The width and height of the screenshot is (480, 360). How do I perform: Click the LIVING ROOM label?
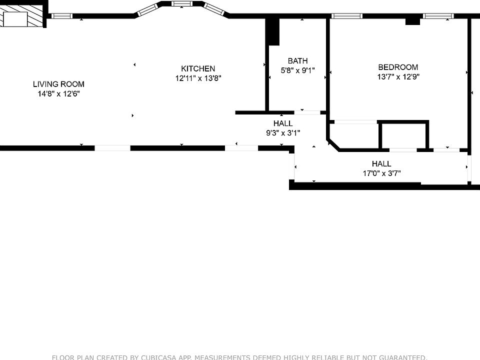coord(58,84)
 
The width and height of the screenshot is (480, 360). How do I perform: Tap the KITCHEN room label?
coord(198,68)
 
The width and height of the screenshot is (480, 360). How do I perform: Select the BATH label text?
coord(297,61)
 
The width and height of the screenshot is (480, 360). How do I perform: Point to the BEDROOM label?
coord(398,67)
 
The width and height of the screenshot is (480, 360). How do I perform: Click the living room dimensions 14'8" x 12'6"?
coord(58,93)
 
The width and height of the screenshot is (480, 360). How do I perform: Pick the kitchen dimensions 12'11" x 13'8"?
coord(198,78)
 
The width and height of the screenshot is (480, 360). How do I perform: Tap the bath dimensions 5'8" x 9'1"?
coord(297,70)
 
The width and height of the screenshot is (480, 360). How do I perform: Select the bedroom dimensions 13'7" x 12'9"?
coord(398,77)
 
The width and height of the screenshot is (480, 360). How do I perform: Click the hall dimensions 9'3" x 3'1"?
coord(283,132)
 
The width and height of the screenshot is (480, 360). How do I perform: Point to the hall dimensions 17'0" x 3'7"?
coord(381,173)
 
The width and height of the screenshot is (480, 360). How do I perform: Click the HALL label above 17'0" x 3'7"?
coord(381,163)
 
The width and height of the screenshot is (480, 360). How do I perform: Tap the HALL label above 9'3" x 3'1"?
coord(283,123)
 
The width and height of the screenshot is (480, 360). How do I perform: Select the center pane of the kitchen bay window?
coord(181,4)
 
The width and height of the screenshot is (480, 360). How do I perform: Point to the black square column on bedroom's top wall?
coord(412,21)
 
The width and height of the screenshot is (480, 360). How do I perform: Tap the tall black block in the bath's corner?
coord(273,31)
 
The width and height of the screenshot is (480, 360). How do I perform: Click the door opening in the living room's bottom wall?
coord(112,147)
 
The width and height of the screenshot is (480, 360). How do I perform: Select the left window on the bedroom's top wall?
coord(348,16)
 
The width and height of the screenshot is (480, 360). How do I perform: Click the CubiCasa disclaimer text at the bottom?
coord(239,356)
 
